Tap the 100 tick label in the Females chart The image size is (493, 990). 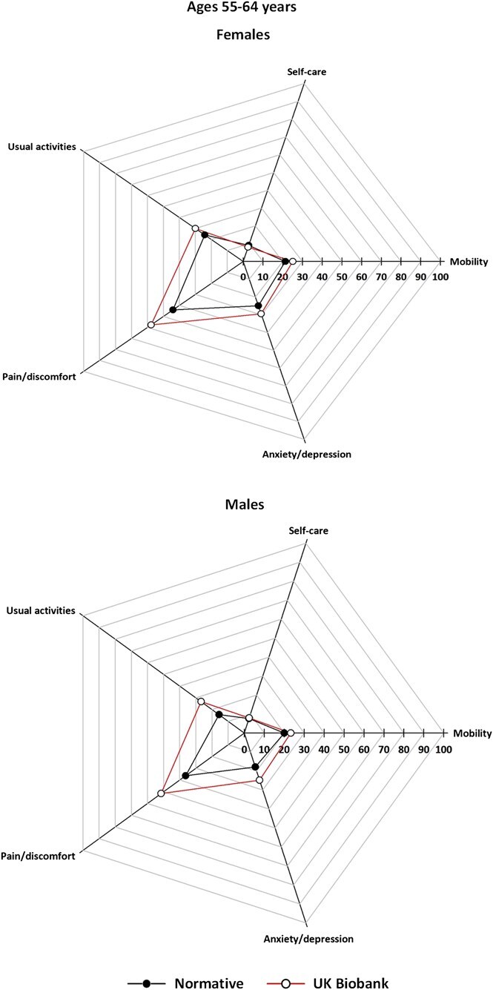440,277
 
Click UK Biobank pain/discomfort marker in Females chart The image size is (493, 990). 150,325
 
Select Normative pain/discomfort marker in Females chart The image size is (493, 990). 173,310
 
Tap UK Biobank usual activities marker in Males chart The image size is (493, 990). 200,701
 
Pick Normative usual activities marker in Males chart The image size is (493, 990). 219,715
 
